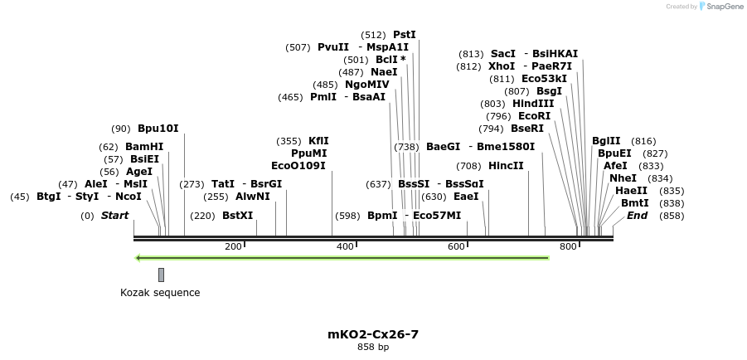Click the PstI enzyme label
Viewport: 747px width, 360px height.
(404, 35)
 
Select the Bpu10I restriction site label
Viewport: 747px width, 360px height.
(158, 129)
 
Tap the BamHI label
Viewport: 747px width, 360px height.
(144, 147)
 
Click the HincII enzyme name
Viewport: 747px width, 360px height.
(506, 166)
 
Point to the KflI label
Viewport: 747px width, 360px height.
(318, 141)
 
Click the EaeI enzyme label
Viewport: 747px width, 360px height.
(466, 197)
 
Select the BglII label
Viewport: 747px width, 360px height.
(606, 141)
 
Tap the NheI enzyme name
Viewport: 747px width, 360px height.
(623, 178)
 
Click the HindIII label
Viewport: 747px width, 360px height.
(533, 104)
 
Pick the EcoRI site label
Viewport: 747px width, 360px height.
(534, 116)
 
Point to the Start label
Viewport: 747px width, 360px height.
(115, 216)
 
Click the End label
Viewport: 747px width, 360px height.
(637, 216)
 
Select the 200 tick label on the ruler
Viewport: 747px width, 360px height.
(233, 246)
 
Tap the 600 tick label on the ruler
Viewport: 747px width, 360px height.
(456, 246)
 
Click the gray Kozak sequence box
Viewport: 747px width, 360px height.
(161, 275)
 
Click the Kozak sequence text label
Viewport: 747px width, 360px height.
(160, 293)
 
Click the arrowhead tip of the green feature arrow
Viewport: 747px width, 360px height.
(138, 258)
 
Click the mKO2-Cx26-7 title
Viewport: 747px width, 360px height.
(373, 334)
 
